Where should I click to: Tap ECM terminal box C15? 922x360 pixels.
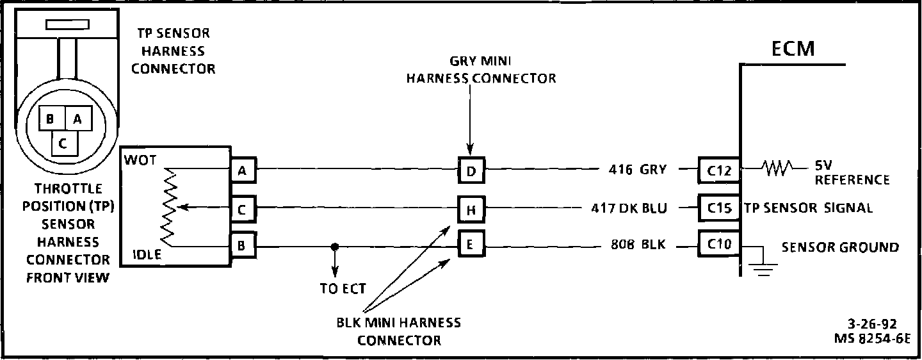tap(719, 208)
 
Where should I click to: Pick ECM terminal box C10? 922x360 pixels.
tap(719, 245)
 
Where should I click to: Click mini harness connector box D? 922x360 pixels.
tap(471, 170)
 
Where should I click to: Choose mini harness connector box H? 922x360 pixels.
tap(471, 209)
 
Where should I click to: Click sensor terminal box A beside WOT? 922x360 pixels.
tap(243, 170)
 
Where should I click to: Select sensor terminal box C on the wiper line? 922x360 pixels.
tap(243, 209)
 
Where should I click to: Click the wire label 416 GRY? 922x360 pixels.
tap(638, 170)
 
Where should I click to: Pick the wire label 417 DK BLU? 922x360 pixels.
tap(629, 208)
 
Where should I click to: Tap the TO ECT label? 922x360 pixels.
tap(343, 289)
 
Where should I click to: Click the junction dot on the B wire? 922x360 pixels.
tap(334, 246)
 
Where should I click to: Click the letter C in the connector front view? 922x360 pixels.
tap(62, 143)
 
